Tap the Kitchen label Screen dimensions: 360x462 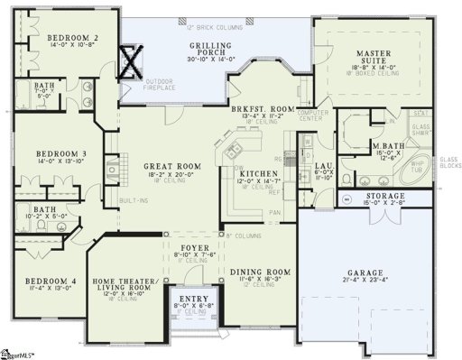pos(258,172)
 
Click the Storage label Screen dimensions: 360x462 pos(385,197)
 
